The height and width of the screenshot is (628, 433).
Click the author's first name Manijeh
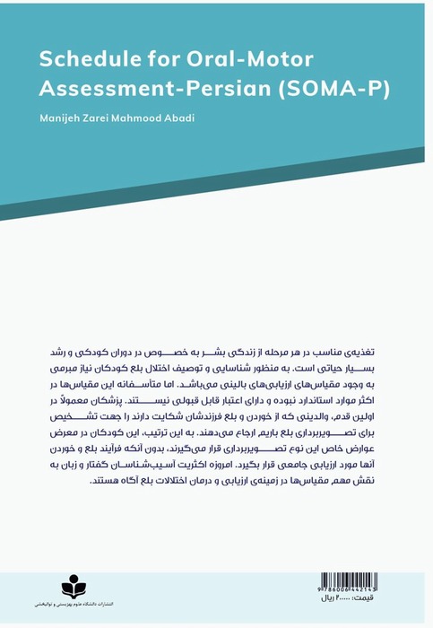(x=58, y=119)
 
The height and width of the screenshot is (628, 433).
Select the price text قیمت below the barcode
(x=377, y=600)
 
